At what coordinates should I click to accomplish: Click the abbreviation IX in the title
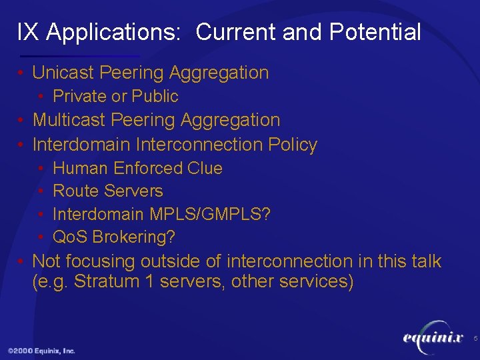click(27, 32)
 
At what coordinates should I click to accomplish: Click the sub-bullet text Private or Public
click(115, 97)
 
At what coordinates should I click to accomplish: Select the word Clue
click(205, 168)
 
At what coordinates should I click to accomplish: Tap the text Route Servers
click(107, 191)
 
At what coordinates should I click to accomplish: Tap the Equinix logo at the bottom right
click(433, 338)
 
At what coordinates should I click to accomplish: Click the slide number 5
click(475, 339)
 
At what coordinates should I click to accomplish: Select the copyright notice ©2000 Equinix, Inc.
click(41, 351)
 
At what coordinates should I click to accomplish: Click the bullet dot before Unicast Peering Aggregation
click(22, 73)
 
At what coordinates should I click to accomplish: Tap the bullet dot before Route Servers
click(42, 192)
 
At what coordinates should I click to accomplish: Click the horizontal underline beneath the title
click(80, 56)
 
